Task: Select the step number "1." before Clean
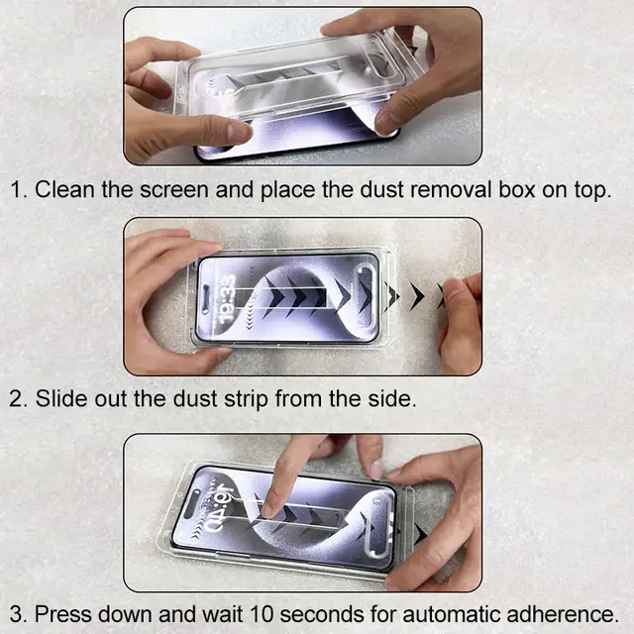[20, 190]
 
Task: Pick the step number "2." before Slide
[20, 399]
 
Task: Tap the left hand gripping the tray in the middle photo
[163, 297]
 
